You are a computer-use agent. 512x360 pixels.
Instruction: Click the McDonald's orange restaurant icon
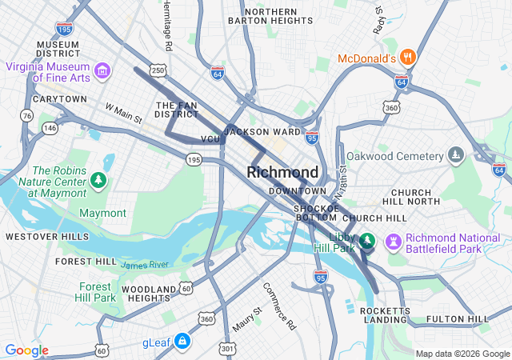click(408, 57)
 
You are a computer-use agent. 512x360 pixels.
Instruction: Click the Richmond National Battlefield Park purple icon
click(394, 240)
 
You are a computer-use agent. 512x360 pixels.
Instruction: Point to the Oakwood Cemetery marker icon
click(455, 154)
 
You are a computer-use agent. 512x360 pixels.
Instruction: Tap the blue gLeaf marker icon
click(183, 342)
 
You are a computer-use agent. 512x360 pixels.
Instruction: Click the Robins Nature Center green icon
click(98, 181)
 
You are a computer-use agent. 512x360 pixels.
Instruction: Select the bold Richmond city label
click(282, 172)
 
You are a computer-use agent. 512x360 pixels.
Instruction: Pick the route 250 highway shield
click(158, 71)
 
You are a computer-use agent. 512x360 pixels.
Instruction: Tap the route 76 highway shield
click(26, 116)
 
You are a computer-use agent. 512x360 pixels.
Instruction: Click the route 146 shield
click(50, 127)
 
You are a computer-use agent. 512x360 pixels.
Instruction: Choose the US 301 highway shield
click(228, 348)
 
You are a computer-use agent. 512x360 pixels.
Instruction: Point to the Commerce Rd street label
click(279, 306)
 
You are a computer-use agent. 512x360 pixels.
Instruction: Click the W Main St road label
click(123, 113)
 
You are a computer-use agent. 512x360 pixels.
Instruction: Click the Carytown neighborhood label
click(59, 99)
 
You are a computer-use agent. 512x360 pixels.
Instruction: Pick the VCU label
click(210, 139)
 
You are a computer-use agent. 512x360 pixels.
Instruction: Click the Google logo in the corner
click(26, 350)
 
